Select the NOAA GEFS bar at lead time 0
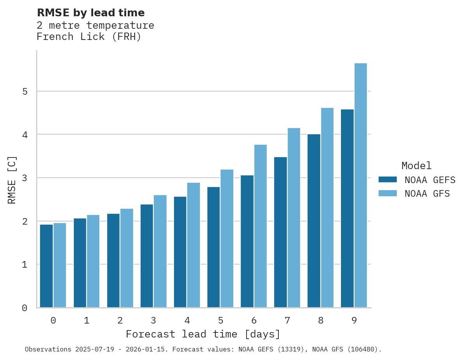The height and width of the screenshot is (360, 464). point(46,266)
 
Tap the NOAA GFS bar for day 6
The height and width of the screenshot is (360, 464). point(261,226)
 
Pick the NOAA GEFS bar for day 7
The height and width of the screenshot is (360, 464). point(280,232)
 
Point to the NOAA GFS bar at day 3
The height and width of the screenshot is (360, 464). point(160,251)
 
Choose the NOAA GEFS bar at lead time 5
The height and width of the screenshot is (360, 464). point(214,247)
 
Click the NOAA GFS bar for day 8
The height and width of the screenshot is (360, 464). point(327,208)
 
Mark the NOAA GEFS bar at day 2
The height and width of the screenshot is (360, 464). point(113,261)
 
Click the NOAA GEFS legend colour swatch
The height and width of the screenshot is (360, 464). point(388,180)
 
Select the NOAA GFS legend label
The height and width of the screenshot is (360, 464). point(427,194)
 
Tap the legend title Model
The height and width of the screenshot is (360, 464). point(416,166)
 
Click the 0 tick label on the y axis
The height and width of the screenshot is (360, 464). point(24,308)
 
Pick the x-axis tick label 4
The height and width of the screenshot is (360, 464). point(187,321)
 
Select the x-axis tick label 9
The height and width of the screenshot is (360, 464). point(354,321)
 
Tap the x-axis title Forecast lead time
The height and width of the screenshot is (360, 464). point(203,334)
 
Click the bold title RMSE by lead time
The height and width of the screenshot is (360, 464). point(90,13)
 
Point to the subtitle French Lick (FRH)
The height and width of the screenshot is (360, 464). point(89,37)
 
